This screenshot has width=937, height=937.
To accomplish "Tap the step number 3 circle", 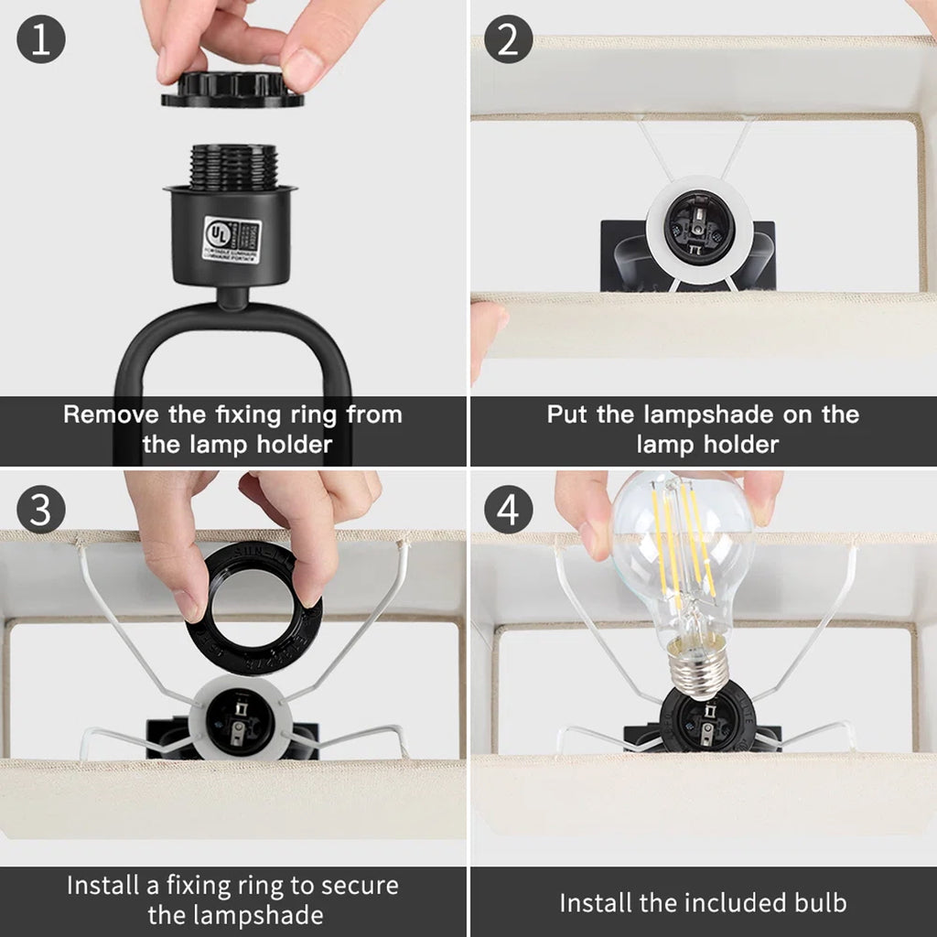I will click(41, 509).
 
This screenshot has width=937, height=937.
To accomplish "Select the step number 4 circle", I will click(509, 509).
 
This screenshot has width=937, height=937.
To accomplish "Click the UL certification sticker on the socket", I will click(232, 240).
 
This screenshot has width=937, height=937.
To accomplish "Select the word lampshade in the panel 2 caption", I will click(703, 415).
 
